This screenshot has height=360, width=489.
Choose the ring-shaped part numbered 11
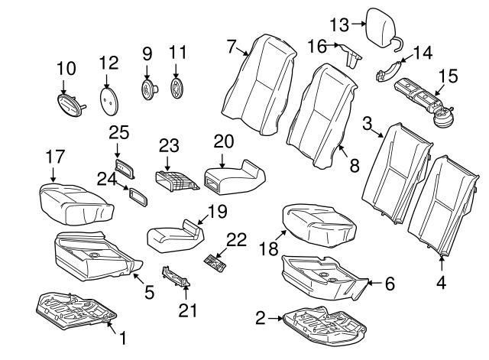[178, 87]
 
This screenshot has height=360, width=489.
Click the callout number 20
[223, 141]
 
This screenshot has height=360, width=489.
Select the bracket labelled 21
[176, 278]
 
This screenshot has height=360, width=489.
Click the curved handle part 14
[391, 70]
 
